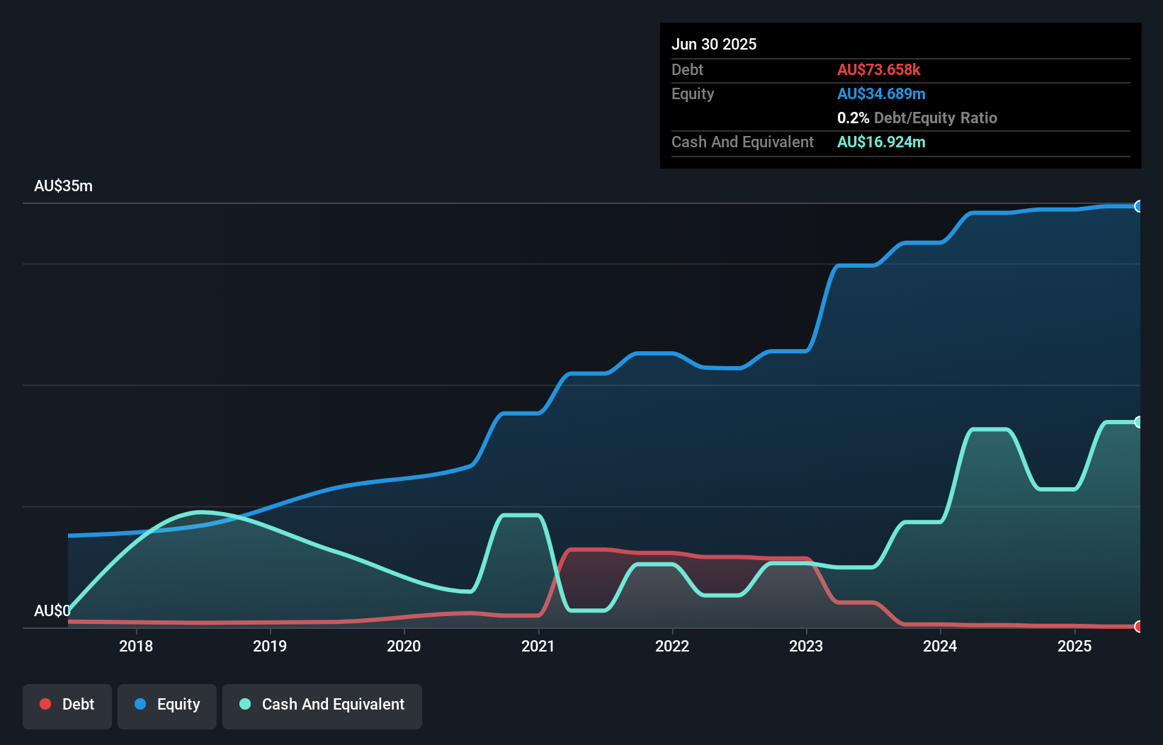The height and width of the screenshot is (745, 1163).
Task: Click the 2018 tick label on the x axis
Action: [136, 646]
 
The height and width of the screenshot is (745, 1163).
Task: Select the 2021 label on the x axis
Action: [538, 646]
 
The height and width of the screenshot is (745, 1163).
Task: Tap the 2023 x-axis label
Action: [806, 646]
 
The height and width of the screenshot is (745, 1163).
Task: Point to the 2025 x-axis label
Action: [1074, 646]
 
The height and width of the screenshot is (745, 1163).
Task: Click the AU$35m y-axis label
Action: [63, 186]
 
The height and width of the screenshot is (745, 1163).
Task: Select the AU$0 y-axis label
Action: [52, 610]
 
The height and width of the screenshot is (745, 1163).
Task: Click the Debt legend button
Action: [67, 705]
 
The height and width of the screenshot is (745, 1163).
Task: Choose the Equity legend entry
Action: [167, 705]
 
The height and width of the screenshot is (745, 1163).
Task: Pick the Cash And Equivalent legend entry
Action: [322, 705]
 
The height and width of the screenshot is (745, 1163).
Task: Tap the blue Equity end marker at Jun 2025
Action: [1139, 206]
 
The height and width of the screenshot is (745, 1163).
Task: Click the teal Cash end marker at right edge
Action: [1139, 422]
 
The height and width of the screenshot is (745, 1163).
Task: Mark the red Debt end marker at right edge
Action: [1139, 626]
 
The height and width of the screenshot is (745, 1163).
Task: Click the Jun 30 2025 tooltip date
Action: [714, 44]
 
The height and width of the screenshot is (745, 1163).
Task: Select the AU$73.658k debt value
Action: [878, 69]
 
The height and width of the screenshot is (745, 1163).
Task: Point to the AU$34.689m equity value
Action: [881, 93]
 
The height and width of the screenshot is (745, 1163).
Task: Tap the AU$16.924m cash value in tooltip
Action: [881, 142]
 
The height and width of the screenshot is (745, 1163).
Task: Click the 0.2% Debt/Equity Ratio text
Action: [917, 118]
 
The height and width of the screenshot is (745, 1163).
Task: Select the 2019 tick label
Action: [270, 646]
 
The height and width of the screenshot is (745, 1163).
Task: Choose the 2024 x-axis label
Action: [940, 646]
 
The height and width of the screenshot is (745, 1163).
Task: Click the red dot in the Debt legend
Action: [45, 704]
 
